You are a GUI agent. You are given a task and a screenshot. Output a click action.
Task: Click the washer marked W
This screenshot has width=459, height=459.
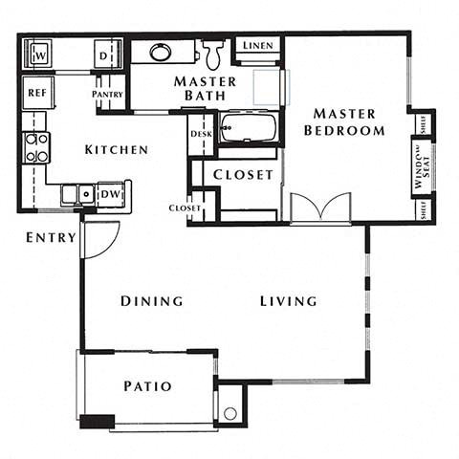coord(40,55)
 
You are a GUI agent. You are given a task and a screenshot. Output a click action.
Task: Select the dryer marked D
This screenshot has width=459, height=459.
coord(103,55)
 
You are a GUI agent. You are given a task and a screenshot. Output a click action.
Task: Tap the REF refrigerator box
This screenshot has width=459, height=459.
coord(36,93)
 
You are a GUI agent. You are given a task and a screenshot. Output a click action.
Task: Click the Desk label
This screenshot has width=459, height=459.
coord(201,134)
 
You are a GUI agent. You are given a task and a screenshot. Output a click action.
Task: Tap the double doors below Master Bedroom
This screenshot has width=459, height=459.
coord(319,208)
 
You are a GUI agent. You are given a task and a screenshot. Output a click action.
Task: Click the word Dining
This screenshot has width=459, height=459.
coord(151,301)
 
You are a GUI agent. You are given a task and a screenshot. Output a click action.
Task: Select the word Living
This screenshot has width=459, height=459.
coord(288,301)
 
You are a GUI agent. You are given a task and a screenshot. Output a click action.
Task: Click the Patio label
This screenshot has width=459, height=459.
coord(148,386)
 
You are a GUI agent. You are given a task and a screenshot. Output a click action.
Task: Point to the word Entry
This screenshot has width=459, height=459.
coord(51,237)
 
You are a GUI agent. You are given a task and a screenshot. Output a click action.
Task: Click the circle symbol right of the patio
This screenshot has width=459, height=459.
coord(230,414)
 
